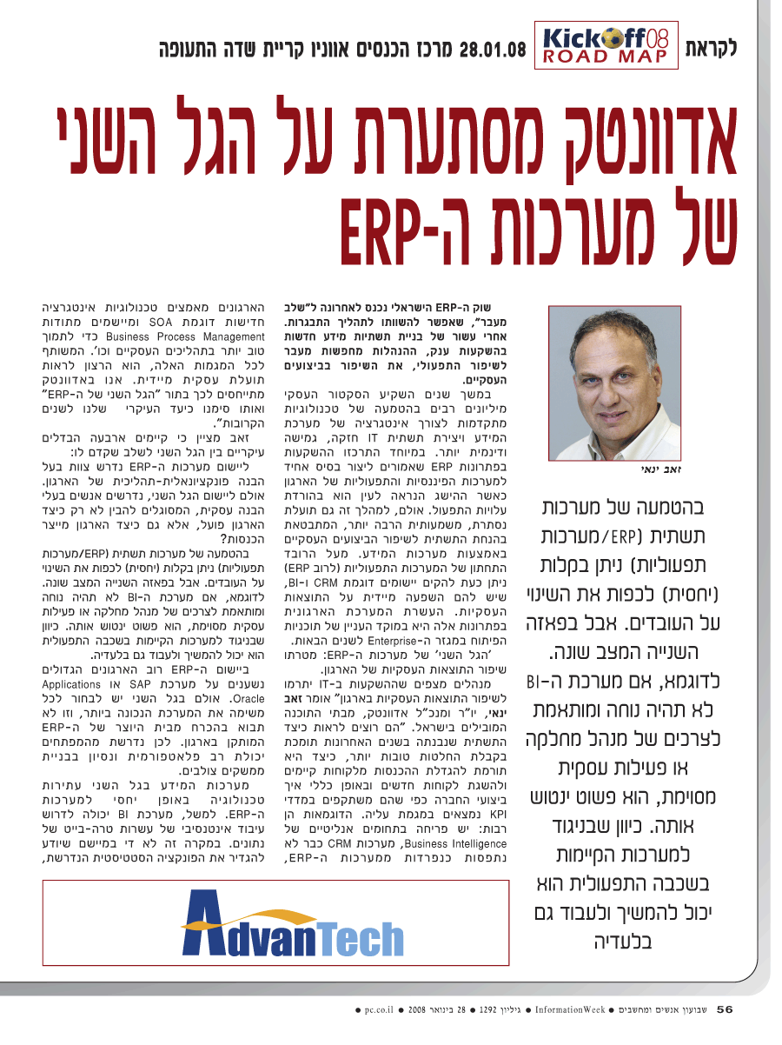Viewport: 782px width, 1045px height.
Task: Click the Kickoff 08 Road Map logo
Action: pyautogui.click(x=607, y=46)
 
